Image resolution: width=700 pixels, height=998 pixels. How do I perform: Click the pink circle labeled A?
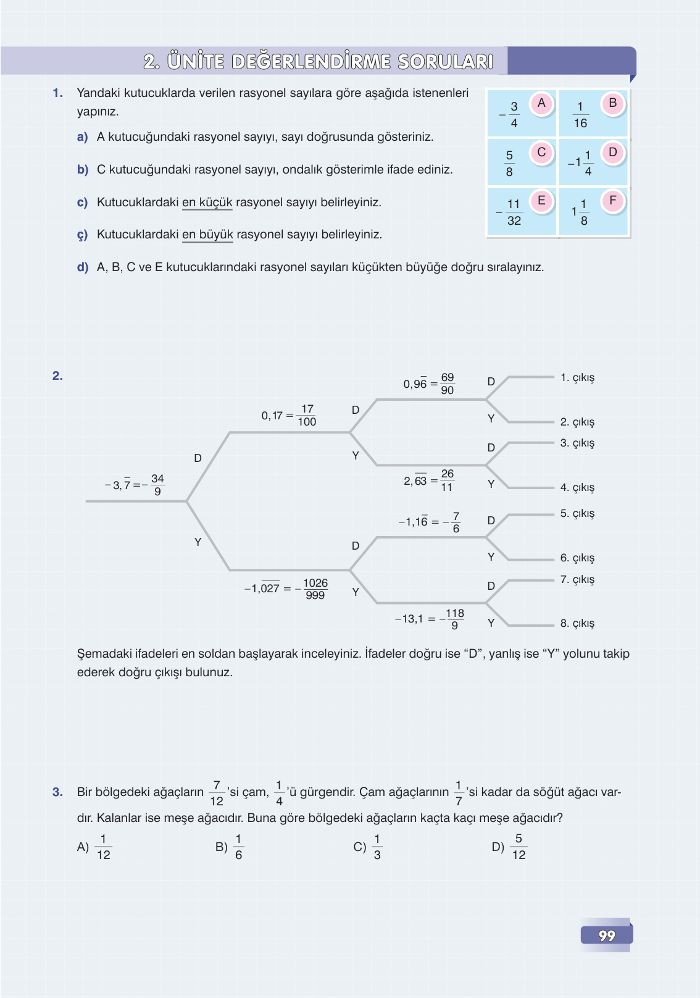coord(541,103)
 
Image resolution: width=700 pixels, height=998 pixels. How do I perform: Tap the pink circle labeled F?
coord(613,200)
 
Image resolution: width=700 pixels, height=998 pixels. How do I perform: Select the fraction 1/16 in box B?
coord(580,115)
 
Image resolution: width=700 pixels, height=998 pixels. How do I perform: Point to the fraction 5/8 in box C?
coord(509,164)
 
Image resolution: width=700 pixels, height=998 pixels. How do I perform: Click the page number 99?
coord(607,936)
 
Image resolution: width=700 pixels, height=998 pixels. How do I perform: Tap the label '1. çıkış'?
coord(577,377)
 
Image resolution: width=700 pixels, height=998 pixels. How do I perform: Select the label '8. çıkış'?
coord(577,623)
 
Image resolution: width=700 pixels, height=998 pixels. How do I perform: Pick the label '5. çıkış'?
coord(577,513)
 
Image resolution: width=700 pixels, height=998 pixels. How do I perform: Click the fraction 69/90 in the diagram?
coord(448,384)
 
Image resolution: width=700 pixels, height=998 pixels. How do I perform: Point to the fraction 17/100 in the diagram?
coord(307,416)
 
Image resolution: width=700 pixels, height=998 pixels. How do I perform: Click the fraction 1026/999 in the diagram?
coord(315,589)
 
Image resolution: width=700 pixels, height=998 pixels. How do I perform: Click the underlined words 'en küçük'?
coord(207,203)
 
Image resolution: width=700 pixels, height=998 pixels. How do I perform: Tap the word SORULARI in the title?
coord(445,62)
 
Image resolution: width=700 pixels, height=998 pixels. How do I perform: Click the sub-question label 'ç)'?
coord(83,235)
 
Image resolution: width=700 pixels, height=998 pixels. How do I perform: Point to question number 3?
coord(57,792)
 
